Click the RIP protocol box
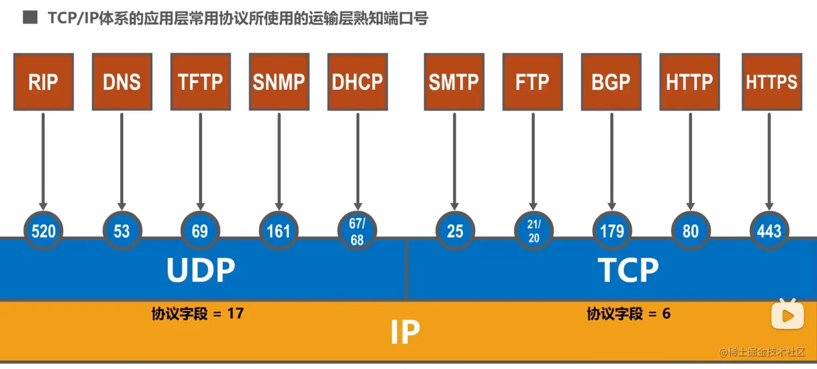coord(43,82)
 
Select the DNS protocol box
coord(122,82)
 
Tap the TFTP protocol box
coord(200,82)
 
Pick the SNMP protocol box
coord(279,82)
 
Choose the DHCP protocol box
coord(357,82)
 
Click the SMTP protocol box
coord(454,82)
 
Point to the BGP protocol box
coord(611,82)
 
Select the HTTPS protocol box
coord(772,82)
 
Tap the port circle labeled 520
coord(43,231)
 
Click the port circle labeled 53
coord(122,231)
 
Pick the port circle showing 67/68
coord(357,231)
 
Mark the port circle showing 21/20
coord(533,231)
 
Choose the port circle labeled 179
coord(612,231)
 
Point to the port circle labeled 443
coord(769,231)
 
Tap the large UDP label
coord(201,270)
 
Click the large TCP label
coord(628,270)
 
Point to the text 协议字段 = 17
coord(197,313)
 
